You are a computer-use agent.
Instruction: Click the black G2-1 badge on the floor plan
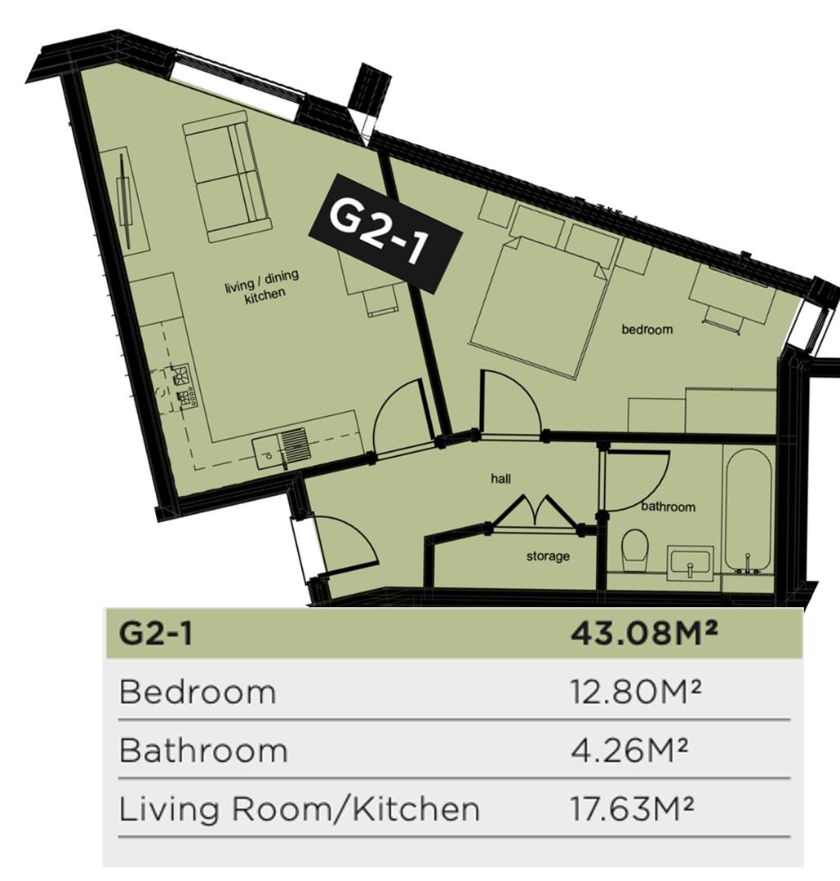pyautogui.click(x=384, y=232)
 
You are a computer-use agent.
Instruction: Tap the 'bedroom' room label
pyautogui.click(x=647, y=330)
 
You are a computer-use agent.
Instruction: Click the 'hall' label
pyautogui.click(x=500, y=479)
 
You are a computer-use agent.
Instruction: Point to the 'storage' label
pyautogui.click(x=547, y=556)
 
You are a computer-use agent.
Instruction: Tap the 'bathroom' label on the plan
pyautogui.click(x=668, y=507)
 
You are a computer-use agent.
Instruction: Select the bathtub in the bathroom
pyautogui.click(x=747, y=509)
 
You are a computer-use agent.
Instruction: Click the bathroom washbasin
pyautogui.click(x=691, y=563)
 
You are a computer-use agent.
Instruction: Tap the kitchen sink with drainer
pyautogui.click(x=281, y=448)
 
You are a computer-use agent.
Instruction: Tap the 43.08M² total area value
pyautogui.click(x=644, y=633)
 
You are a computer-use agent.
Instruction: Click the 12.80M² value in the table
pyautogui.click(x=636, y=692)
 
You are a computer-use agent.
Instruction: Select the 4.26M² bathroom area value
pyautogui.click(x=629, y=750)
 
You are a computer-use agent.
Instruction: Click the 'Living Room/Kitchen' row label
pyautogui.click(x=300, y=809)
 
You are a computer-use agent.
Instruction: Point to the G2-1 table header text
pyautogui.click(x=156, y=634)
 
